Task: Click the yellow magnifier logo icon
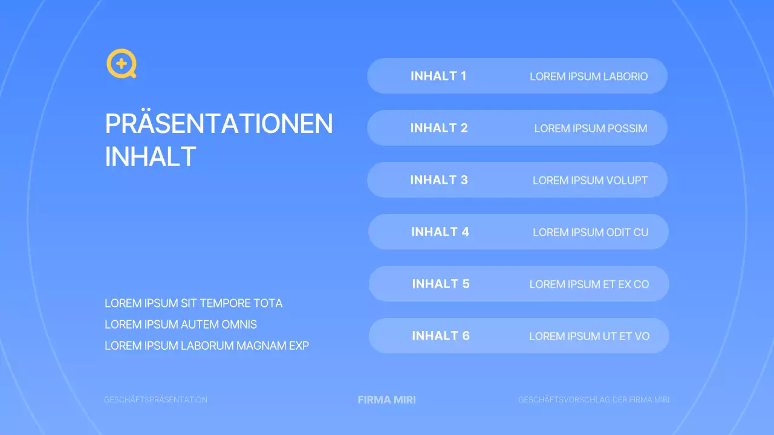tap(121, 63)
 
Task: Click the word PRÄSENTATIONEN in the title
tap(219, 124)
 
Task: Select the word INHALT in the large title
tap(151, 156)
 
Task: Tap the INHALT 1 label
tap(438, 76)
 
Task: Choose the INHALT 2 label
tap(439, 128)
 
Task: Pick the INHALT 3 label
tap(439, 180)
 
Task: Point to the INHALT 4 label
tap(440, 232)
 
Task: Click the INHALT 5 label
tap(441, 284)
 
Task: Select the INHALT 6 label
tap(441, 336)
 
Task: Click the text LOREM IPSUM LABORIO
tap(588, 77)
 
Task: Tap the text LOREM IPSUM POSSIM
tap(591, 129)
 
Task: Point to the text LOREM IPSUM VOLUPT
tap(590, 181)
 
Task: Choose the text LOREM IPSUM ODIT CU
tap(591, 233)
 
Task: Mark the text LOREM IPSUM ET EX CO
tap(590, 285)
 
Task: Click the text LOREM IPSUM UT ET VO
tap(590, 337)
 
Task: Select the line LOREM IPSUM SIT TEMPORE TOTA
tap(193, 303)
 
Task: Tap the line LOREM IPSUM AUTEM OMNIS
tap(181, 324)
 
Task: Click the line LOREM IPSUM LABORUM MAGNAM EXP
tap(207, 346)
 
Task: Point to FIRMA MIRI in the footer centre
tap(387, 400)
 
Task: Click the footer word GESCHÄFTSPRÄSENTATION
tap(156, 400)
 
